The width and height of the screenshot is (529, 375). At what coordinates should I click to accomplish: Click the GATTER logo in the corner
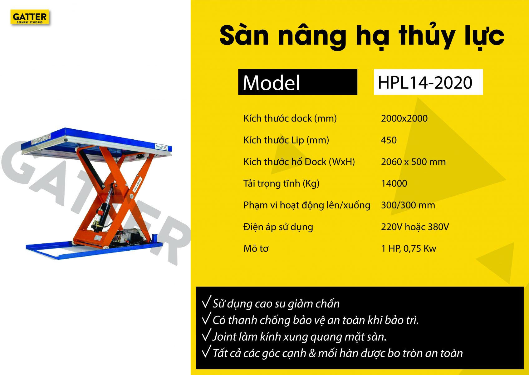coord(30,17)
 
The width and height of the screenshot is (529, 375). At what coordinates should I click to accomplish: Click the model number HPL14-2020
coord(425,83)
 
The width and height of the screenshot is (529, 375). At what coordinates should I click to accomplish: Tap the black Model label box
coord(297,82)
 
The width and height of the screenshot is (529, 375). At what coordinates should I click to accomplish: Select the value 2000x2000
coord(404,118)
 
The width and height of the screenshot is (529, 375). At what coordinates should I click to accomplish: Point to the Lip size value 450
coord(389,140)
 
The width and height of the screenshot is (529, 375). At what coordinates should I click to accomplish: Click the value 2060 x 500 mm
coord(413,162)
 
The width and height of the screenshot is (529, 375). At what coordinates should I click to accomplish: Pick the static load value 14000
coord(394,183)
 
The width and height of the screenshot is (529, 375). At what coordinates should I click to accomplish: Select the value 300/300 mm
coord(408,205)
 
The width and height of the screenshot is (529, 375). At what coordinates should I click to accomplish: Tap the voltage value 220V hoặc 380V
coord(415,227)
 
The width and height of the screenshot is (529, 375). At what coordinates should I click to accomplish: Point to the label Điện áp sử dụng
coord(278,227)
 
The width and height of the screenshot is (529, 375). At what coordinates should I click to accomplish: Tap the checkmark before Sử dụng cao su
coord(206,302)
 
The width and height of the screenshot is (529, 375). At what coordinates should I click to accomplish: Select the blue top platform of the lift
coord(97,142)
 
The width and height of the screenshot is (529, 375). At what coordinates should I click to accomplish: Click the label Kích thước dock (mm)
coord(290,118)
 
